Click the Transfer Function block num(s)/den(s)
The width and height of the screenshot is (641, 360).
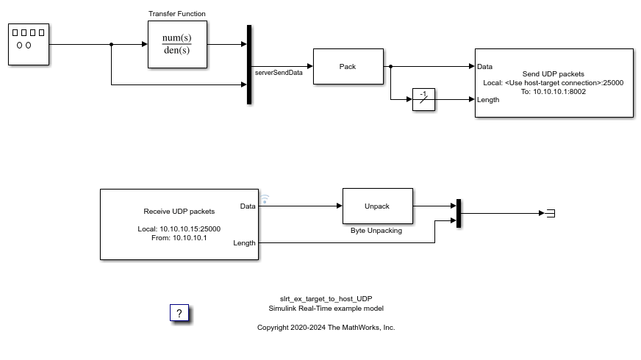pyautogui.click(x=176, y=44)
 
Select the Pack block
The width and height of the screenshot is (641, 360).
pyautogui.click(x=348, y=67)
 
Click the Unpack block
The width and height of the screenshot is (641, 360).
pyautogui.click(x=377, y=206)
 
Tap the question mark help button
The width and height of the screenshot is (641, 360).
pyautogui.click(x=179, y=314)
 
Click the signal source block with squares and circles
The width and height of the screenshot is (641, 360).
pyautogui.click(x=29, y=44)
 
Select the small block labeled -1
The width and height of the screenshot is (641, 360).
pyautogui.click(x=423, y=99)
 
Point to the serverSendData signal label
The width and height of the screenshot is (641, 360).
pyautogui.click(x=279, y=73)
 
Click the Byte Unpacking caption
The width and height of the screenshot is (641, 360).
pyautogui.click(x=377, y=230)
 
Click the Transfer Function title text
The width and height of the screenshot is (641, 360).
pyautogui.click(x=177, y=14)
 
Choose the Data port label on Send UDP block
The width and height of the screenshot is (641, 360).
pyautogui.click(x=484, y=67)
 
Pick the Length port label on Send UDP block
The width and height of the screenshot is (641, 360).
pyautogui.click(x=488, y=100)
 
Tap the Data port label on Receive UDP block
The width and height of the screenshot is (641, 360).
pyautogui.click(x=248, y=206)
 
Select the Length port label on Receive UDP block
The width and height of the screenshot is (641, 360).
pyautogui.click(x=245, y=242)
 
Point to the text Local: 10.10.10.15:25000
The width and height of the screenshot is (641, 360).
pyautogui.click(x=179, y=229)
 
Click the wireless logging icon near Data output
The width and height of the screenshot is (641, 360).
pyautogui.click(x=265, y=198)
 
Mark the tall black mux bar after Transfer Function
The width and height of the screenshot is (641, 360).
pyautogui.click(x=249, y=65)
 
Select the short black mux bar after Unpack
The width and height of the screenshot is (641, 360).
pyautogui.click(x=458, y=213)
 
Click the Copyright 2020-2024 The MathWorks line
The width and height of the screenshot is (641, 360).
pyautogui.click(x=326, y=328)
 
